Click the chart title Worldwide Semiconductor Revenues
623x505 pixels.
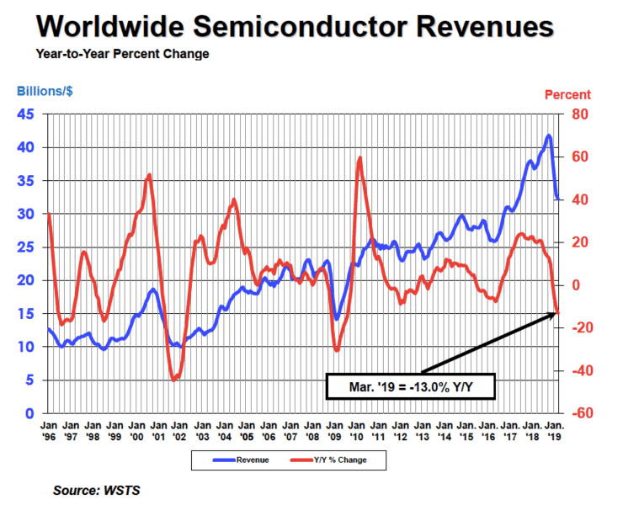[x=295, y=27]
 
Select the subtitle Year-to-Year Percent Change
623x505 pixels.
[x=122, y=55]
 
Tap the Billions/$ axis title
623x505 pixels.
[x=47, y=94]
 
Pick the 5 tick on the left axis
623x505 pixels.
[x=29, y=380]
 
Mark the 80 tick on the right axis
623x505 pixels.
[x=582, y=114]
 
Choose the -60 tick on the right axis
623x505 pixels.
[x=580, y=413]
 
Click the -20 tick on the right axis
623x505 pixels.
[x=580, y=327]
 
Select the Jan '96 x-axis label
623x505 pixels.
[x=49, y=433]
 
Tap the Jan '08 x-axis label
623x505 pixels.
[x=312, y=433]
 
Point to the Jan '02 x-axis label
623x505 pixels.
[x=180, y=433]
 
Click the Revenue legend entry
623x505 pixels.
[x=244, y=460]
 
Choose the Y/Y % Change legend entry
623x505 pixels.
[x=333, y=460]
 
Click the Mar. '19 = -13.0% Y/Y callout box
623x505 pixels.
[x=410, y=389]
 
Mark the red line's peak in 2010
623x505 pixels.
[x=360, y=157]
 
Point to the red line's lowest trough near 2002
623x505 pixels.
[x=174, y=380]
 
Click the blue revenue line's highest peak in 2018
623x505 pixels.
[x=549, y=136]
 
